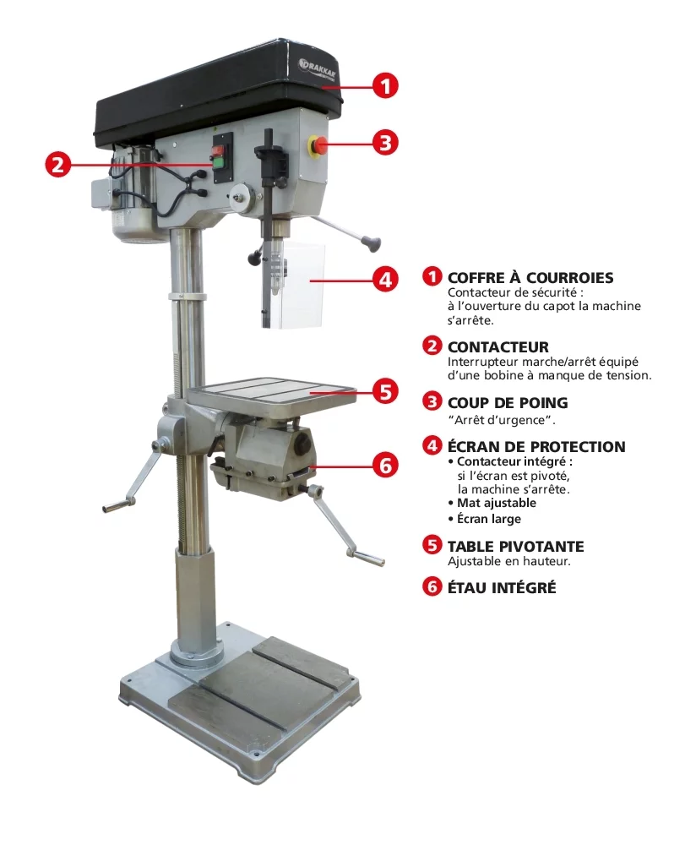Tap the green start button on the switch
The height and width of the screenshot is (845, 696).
(219, 163)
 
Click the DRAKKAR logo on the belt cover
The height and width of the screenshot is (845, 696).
(318, 69)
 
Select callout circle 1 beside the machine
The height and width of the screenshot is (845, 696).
(385, 85)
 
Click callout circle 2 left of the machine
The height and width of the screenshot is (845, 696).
(58, 163)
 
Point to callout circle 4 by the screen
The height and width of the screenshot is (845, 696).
(385, 280)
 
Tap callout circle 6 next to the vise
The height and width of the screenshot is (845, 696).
(385, 465)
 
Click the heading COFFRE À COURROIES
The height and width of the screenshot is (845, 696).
(530, 277)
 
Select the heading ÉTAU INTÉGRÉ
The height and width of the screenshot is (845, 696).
(502, 587)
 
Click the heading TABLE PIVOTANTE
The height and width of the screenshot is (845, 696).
(515, 547)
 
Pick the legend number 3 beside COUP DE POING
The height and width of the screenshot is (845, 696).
(432, 401)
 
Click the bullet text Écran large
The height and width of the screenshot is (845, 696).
(489, 519)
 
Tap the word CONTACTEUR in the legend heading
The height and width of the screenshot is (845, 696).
(498, 347)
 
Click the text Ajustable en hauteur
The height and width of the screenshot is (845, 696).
(509, 562)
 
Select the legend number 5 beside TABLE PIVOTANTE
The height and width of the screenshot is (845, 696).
(432, 545)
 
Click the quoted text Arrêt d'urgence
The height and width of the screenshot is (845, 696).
(502, 420)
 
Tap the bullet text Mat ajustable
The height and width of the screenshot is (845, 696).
(497, 504)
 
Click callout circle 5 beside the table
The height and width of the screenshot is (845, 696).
(385, 391)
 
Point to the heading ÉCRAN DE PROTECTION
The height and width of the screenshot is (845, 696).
(536, 447)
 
